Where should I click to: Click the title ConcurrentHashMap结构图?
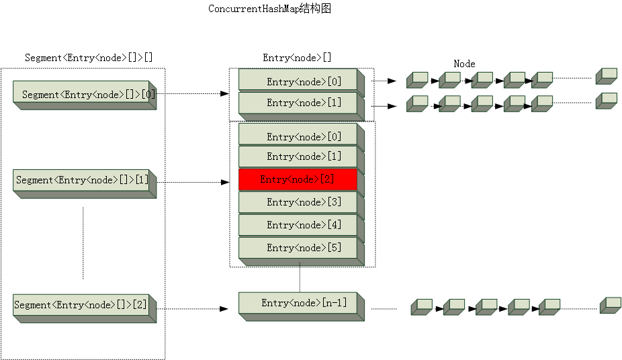[x=270, y=9]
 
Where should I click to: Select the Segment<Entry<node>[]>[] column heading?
[x=89, y=58]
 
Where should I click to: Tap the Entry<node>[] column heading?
[x=297, y=58]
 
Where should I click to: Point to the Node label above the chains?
[x=464, y=64]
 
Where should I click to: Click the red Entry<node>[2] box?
[x=298, y=179]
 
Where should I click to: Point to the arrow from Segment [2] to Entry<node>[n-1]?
[x=193, y=309]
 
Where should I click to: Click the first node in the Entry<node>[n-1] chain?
[x=421, y=307]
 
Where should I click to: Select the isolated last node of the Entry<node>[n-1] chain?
[x=610, y=305]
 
